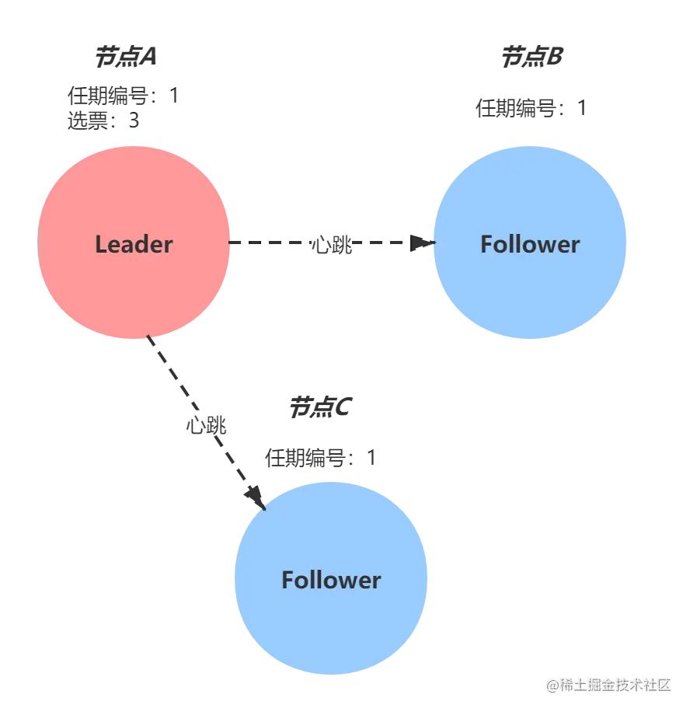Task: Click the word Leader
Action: [x=134, y=244]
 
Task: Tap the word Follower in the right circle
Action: [x=530, y=244]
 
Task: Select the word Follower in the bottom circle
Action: [x=331, y=580]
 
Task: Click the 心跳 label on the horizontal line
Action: [x=332, y=243]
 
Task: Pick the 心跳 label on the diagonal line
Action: [x=206, y=423]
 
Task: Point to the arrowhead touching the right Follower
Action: [x=427, y=243]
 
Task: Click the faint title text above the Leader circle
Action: [x=127, y=56]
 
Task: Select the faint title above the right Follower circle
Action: [x=530, y=56]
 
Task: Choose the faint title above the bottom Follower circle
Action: [x=319, y=408]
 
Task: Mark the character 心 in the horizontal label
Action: [x=322, y=243]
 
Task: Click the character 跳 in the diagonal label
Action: [x=216, y=423]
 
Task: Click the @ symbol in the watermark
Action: [x=552, y=684]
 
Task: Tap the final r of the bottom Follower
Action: [x=377, y=581]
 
